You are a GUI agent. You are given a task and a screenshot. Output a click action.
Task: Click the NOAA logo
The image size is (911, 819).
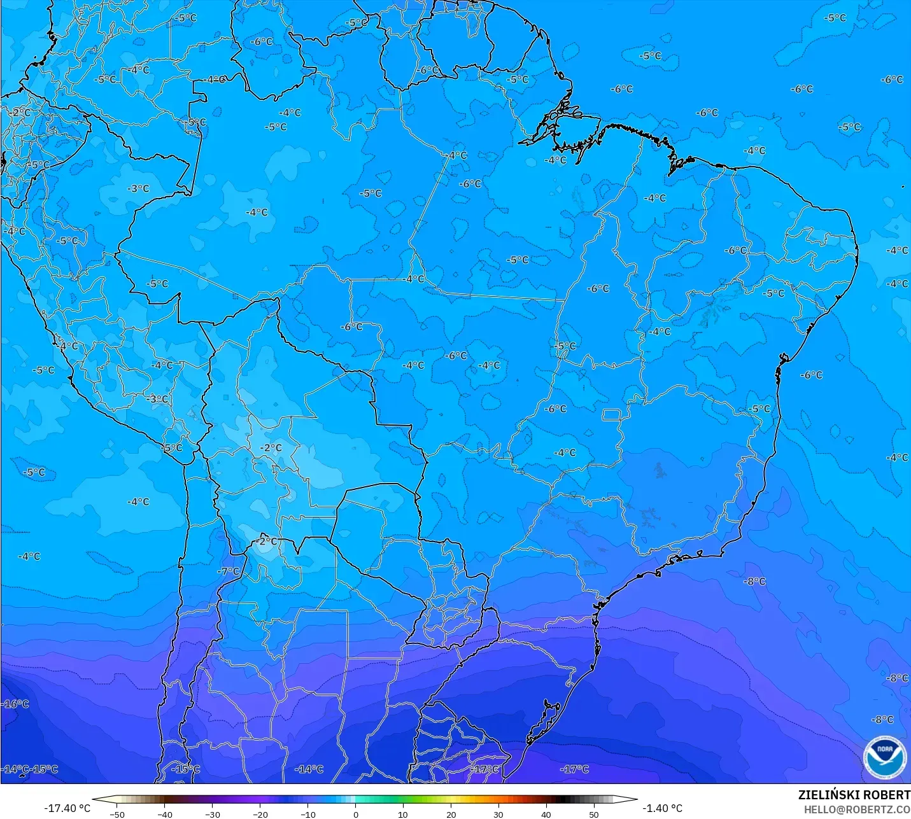pos(884,756)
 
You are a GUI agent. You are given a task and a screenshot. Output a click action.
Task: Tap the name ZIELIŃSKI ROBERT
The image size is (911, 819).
pos(854,795)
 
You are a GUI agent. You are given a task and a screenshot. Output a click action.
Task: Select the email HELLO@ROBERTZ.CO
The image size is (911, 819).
pos(856,809)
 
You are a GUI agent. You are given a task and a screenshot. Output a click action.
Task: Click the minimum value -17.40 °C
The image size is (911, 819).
pos(67,808)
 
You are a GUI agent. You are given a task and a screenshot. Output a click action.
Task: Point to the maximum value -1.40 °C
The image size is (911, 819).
pos(662,808)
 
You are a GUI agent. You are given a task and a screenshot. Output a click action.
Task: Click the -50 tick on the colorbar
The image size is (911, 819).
pos(117,814)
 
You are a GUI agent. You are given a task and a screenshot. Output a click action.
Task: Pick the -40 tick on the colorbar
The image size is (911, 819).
pos(165,814)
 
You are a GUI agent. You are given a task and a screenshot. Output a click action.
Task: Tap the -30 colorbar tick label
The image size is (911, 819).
pos(213,814)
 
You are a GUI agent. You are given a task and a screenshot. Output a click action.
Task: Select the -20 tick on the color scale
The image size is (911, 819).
pos(260,814)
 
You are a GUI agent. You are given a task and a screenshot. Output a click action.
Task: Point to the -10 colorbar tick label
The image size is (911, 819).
pos(308,814)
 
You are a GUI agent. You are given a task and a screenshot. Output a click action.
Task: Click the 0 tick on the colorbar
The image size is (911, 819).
pos(356,814)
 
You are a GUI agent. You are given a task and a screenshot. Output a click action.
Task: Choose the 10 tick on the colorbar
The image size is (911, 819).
pos(403,814)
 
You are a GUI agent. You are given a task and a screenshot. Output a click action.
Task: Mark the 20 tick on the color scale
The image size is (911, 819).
pos(451,814)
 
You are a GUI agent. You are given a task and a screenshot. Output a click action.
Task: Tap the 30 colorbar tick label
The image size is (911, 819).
pos(498,814)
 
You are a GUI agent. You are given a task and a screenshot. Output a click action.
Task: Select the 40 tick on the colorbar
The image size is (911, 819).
pos(546,814)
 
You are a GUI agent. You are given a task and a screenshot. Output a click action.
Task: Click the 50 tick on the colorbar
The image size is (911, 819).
pos(594,814)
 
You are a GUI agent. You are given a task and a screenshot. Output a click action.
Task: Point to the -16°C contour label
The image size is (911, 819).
pos(16,704)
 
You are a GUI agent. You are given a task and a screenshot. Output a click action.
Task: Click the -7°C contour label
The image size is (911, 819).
pos(228,571)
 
